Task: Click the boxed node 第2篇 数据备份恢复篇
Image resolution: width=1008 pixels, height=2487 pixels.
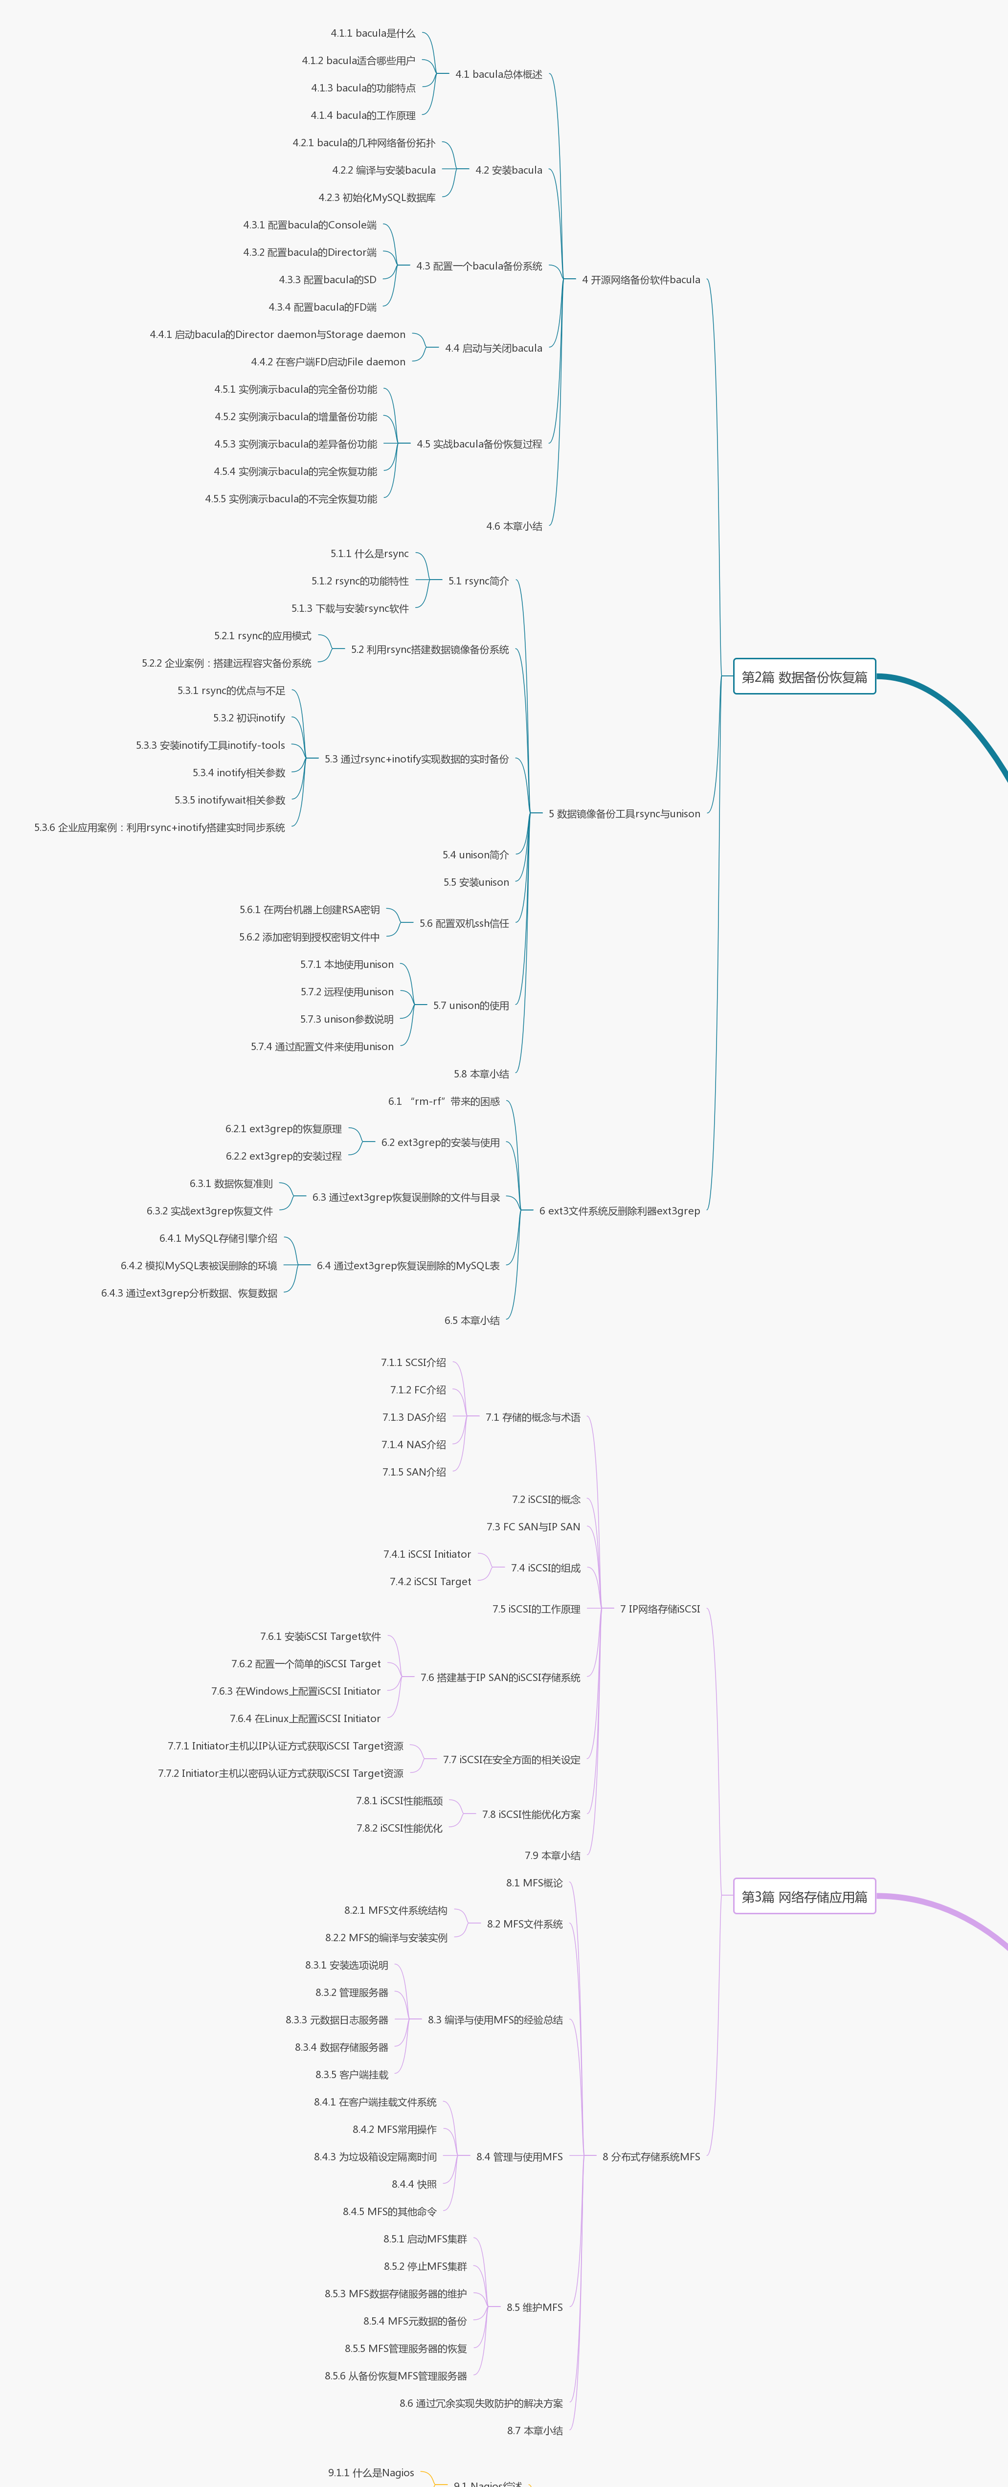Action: (x=804, y=677)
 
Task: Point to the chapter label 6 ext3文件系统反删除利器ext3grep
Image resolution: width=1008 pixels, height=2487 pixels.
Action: (x=619, y=1210)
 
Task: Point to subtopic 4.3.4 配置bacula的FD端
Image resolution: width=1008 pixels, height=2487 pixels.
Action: (x=322, y=307)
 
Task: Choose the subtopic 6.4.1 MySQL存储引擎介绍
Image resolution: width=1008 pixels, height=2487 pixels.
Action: (x=218, y=1239)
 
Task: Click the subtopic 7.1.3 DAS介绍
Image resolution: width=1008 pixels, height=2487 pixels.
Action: (x=414, y=1417)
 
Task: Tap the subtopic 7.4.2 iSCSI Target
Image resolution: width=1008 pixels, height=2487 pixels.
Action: (x=430, y=1581)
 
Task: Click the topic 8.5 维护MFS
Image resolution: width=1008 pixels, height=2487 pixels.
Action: (x=534, y=2308)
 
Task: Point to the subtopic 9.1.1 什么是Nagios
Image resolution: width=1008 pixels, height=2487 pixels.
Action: (x=371, y=2472)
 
